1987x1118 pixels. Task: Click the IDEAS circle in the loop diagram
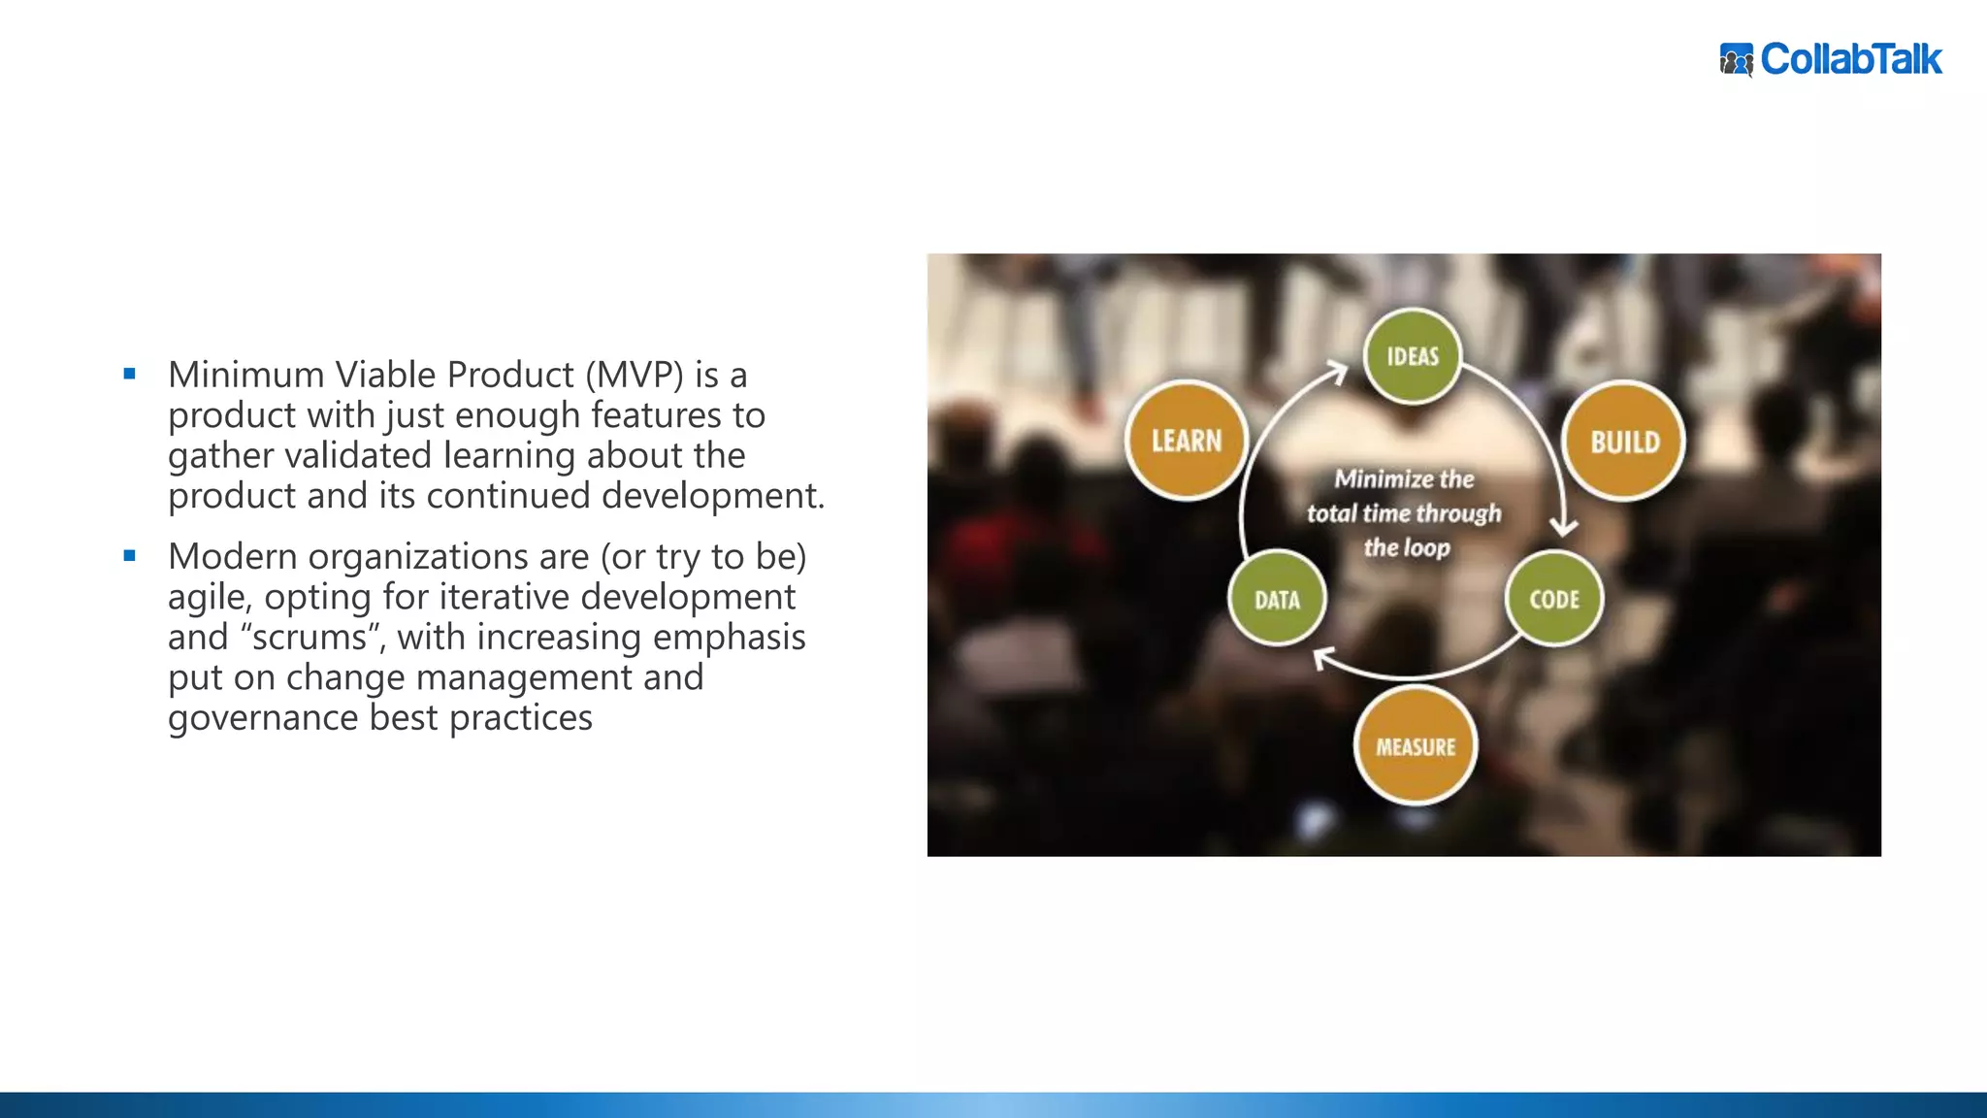1412,356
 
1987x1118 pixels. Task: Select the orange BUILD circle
1624,442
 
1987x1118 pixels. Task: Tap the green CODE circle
1554,599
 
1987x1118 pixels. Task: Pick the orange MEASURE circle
1416,746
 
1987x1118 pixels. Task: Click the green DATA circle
1277,600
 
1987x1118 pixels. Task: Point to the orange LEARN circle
1187,441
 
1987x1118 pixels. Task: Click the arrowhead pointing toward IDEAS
1338,372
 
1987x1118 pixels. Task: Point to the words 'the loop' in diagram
1407,547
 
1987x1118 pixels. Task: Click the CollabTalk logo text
1851,59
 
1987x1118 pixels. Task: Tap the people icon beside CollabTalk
1736,60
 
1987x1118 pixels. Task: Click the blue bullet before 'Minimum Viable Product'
130,374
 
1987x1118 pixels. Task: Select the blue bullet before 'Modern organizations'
130,556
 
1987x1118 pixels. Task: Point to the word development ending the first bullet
712,496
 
